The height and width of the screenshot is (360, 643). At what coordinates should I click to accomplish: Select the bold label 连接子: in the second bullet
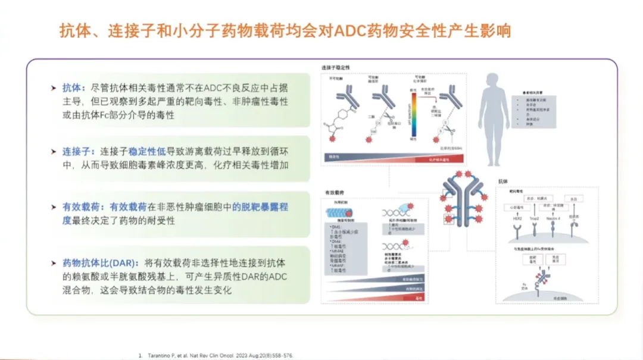tap(79, 152)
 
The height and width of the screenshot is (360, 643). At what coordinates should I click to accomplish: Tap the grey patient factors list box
tap(535, 111)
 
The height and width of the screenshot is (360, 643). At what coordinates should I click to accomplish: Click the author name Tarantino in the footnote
tap(160, 355)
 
